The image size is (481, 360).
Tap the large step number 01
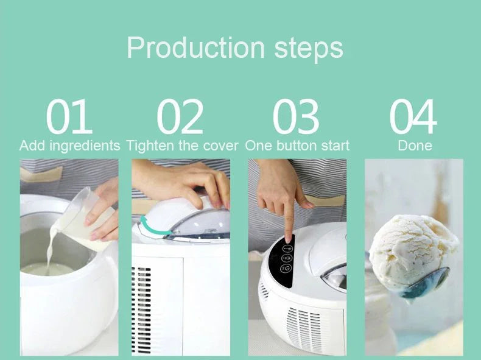[69, 117]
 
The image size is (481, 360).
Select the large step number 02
[180, 117]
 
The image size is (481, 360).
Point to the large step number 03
[295, 117]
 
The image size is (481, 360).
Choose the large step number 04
[413, 117]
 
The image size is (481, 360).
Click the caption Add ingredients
[69, 146]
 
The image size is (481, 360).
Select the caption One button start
[297, 146]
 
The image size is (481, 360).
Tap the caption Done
[415, 146]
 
